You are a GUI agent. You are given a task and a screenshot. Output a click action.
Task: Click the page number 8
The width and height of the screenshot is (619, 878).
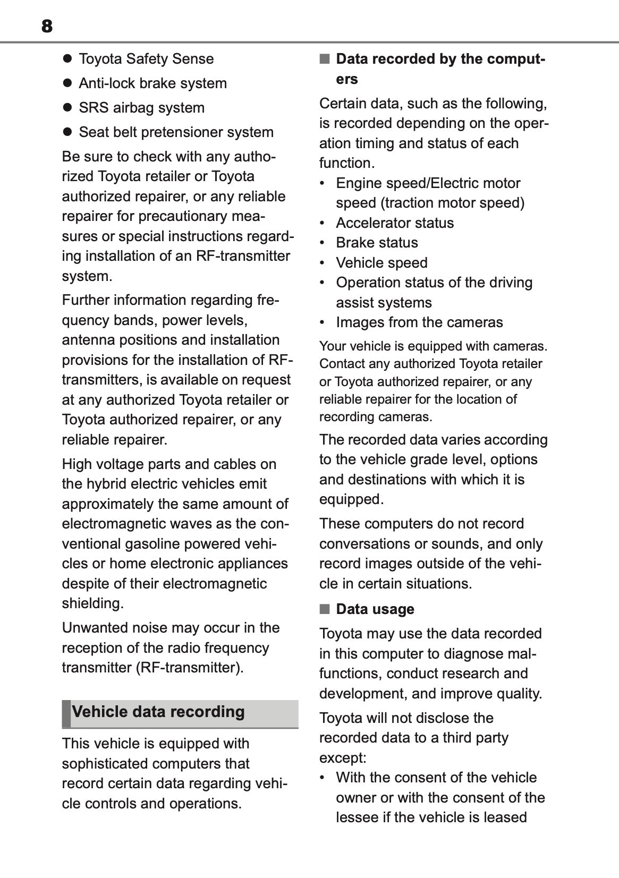point(47,26)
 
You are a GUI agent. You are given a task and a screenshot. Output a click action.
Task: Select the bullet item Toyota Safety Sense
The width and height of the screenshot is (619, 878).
point(146,59)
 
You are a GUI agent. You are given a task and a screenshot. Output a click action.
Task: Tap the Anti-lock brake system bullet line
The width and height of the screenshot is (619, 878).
point(152,83)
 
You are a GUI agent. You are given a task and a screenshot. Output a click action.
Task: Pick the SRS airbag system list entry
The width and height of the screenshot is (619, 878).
point(141,108)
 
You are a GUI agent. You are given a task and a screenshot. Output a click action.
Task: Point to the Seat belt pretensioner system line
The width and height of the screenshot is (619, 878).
point(176,132)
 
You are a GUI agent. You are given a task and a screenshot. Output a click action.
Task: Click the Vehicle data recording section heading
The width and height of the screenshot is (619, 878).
point(158,712)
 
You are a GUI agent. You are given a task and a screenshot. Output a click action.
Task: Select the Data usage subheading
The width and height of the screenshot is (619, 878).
point(375,609)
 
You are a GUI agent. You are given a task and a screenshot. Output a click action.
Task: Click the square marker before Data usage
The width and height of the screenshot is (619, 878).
point(325,609)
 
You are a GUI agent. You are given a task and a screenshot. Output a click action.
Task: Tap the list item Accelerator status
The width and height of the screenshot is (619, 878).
point(395,223)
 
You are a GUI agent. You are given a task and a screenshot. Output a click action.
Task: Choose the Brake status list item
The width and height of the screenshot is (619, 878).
point(377,243)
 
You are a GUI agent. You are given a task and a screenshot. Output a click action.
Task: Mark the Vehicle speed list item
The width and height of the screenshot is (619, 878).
point(381,263)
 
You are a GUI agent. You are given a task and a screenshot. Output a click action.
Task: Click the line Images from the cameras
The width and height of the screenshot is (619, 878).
point(419,322)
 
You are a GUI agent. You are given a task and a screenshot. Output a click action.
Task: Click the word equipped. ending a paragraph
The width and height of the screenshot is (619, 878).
point(351,499)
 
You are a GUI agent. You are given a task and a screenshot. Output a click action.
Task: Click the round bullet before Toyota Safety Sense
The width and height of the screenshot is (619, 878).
point(67,59)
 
